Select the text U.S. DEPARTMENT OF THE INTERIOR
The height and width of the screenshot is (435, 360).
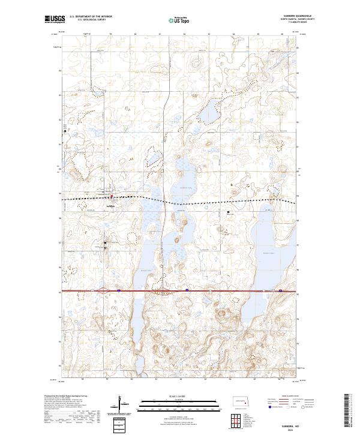coord(90,17)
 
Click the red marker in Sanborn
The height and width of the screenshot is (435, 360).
coord(110,196)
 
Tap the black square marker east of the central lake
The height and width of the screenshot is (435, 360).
coord(228,212)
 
